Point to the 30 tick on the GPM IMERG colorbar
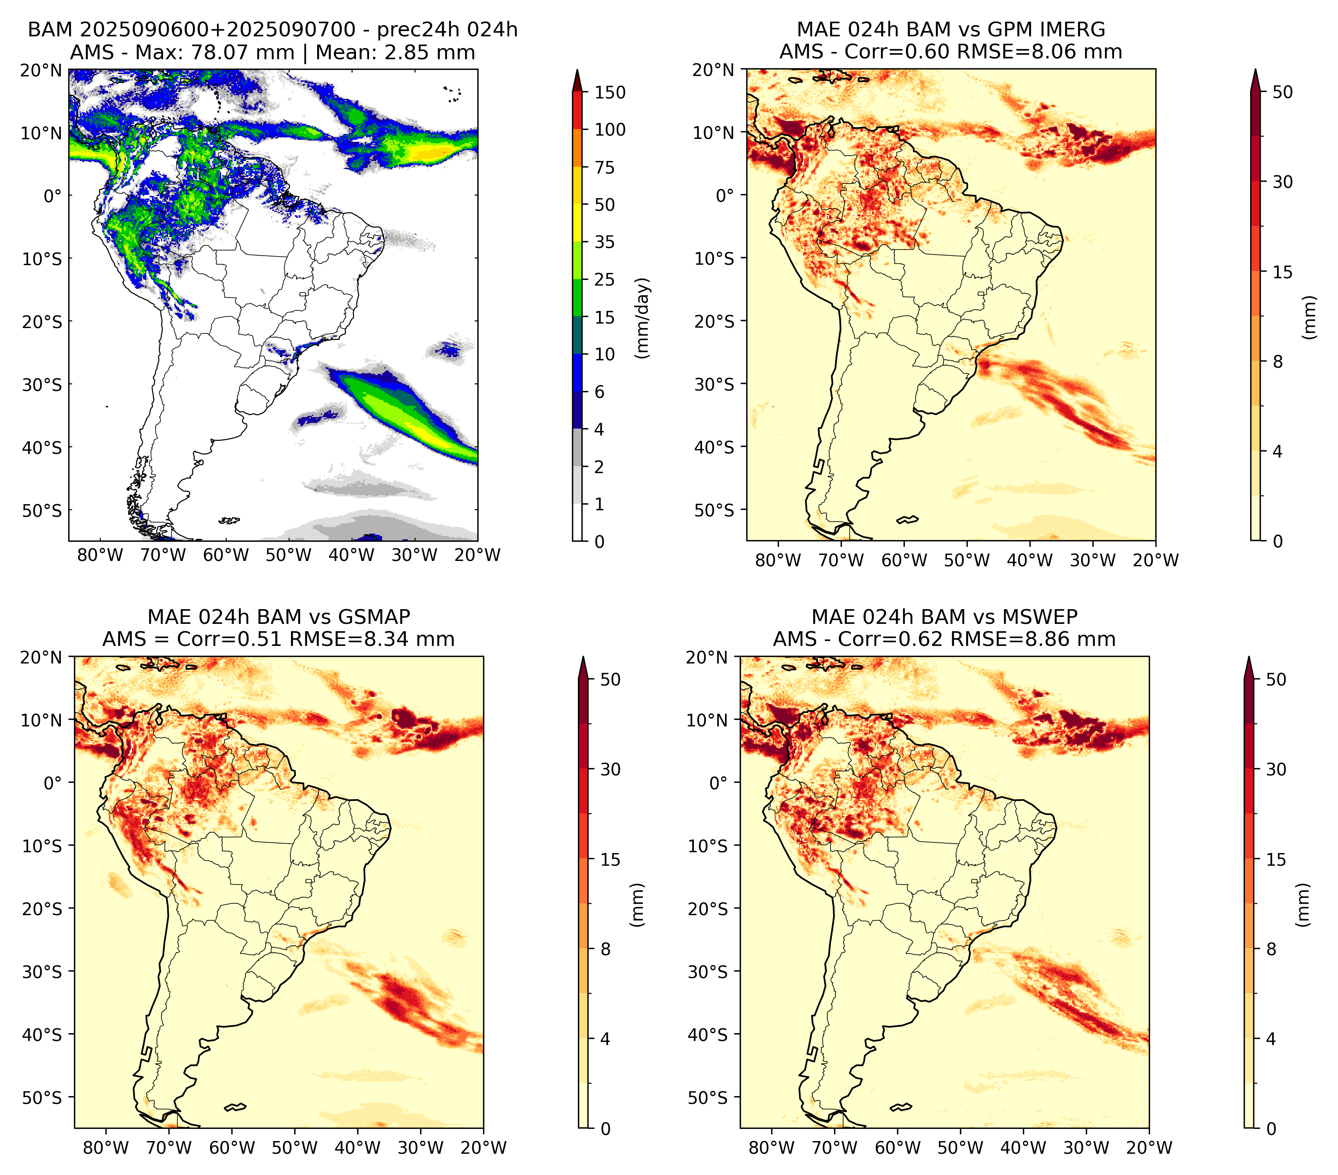[1282, 182]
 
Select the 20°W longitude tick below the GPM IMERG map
[1155, 561]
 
